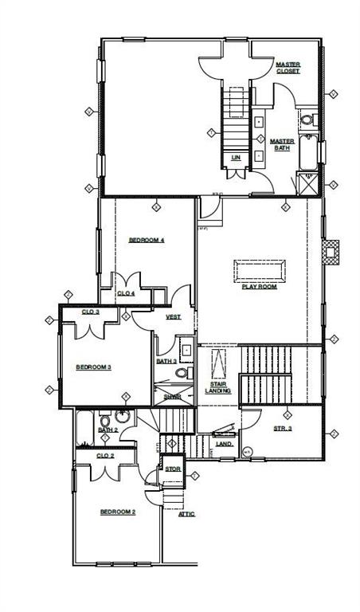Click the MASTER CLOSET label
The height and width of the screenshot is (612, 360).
(x=288, y=68)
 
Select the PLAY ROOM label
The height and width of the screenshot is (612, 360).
(x=260, y=286)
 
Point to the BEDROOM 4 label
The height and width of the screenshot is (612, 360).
(x=147, y=240)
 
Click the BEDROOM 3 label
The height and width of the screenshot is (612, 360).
(x=93, y=367)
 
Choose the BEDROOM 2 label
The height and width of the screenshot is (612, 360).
(x=117, y=512)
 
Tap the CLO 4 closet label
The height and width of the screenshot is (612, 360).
(x=127, y=293)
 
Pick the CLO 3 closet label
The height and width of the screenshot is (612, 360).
(x=91, y=312)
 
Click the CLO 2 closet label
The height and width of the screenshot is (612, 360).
(x=106, y=455)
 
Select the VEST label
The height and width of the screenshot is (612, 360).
(x=173, y=317)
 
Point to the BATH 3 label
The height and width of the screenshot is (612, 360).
(x=166, y=361)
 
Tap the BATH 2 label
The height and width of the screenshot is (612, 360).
(x=108, y=430)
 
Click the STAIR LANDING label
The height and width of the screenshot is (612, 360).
(x=217, y=387)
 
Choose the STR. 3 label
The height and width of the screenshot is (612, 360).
(x=283, y=429)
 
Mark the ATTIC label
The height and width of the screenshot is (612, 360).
(x=186, y=514)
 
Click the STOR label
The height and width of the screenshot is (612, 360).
(x=173, y=469)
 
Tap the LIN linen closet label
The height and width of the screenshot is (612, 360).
(x=236, y=158)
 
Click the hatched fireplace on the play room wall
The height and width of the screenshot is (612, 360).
(x=330, y=252)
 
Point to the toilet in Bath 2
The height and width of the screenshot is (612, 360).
(x=122, y=415)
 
